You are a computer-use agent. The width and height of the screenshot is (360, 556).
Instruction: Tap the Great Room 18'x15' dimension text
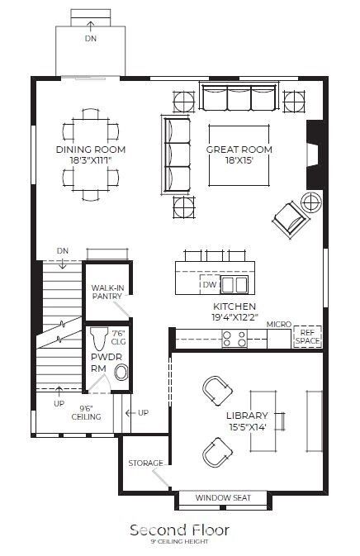(239, 160)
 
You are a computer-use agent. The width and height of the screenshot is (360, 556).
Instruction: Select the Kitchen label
(233, 306)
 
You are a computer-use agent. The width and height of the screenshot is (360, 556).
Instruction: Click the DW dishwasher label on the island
(210, 285)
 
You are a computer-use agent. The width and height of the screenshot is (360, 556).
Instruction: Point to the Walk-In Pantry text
(107, 292)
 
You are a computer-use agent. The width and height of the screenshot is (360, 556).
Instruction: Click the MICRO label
(278, 325)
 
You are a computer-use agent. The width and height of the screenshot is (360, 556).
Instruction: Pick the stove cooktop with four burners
(234, 337)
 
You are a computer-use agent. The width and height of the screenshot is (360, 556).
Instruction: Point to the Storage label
(144, 463)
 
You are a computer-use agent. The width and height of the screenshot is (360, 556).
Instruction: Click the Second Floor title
(179, 529)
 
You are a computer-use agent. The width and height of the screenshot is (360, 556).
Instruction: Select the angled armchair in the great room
(289, 218)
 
